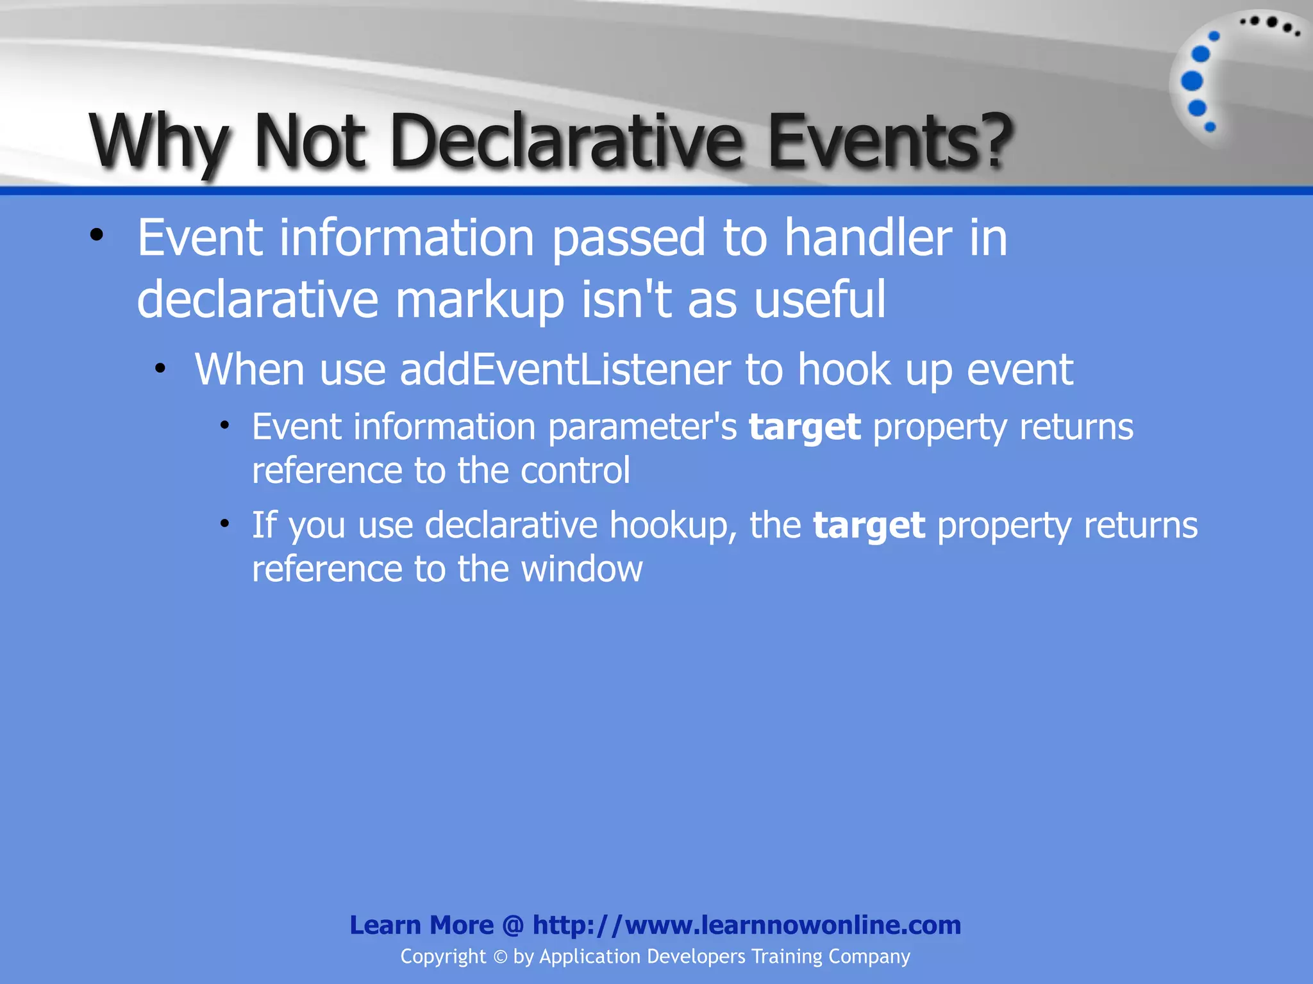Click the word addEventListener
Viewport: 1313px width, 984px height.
click(565, 370)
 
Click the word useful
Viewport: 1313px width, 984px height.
click(820, 299)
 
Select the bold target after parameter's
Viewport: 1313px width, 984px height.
click(805, 428)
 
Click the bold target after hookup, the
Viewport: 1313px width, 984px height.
click(869, 526)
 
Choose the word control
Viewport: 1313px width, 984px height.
click(575, 470)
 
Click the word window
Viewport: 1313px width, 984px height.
click(581, 568)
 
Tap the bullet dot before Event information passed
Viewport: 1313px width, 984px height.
click(97, 235)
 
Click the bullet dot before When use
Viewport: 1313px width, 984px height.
click(160, 368)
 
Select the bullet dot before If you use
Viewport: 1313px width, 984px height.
click(224, 524)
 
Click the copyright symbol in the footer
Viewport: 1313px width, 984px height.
click(500, 957)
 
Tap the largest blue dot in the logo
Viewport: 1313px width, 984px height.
click(1192, 81)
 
